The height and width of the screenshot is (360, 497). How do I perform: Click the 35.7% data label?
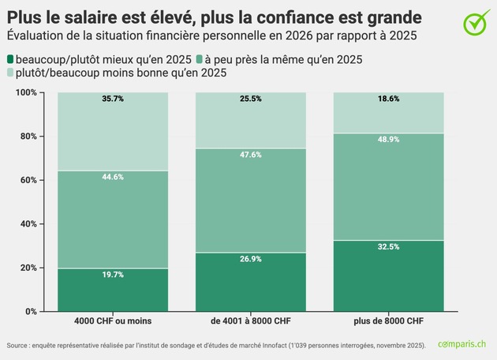[112, 99]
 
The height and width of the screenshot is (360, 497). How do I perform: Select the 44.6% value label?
[112, 177]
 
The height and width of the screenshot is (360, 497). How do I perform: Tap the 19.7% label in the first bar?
[112, 276]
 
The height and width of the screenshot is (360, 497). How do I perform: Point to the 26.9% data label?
[250, 260]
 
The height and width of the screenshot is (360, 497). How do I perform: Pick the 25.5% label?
[250, 99]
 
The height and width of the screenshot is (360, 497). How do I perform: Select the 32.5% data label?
[389, 247]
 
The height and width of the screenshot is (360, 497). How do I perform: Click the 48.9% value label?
[389, 140]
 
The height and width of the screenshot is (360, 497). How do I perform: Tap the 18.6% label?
[389, 99]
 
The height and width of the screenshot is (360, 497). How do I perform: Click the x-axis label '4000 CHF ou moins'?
[112, 322]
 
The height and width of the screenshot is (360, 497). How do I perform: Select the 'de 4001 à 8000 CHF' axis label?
[250, 322]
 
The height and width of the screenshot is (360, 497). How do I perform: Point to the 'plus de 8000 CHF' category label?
[389, 322]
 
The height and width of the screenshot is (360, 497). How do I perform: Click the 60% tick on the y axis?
[27, 180]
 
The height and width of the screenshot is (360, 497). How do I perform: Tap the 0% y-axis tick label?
[30, 312]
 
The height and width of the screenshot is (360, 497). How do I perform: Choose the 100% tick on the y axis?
[25, 92]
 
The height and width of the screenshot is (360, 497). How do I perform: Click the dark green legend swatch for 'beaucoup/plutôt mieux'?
[10, 59]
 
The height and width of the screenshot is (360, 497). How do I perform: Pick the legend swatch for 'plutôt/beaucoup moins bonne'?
[10, 73]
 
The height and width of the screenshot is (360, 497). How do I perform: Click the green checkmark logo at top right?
[473, 24]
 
